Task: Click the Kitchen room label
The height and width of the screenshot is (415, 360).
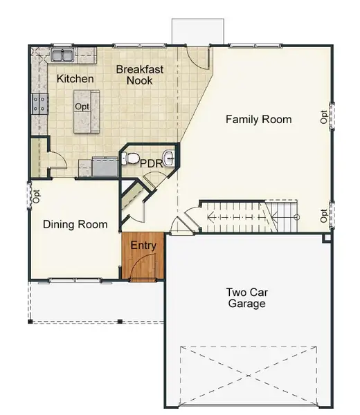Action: pos(75,79)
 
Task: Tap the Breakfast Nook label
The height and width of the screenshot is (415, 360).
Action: pos(134,75)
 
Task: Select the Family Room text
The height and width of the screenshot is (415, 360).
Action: pos(258,120)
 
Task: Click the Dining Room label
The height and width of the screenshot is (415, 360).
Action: pos(75,224)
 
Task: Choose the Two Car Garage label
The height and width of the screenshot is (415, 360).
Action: pos(246,297)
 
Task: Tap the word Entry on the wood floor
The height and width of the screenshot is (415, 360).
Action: pos(143,246)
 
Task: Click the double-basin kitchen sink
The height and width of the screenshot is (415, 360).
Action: pos(67,54)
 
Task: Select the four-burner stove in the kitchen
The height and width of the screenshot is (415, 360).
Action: pos(39,104)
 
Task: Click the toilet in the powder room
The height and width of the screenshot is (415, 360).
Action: pos(131,158)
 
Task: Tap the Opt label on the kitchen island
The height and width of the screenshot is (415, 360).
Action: pos(83,107)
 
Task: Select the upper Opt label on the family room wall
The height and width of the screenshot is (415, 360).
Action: pos(323,116)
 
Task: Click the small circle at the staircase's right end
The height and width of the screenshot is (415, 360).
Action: pos(296,216)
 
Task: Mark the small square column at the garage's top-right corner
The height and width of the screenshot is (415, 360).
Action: pos(327,238)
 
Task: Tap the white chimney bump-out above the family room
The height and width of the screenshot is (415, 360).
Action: pos(198,30)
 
